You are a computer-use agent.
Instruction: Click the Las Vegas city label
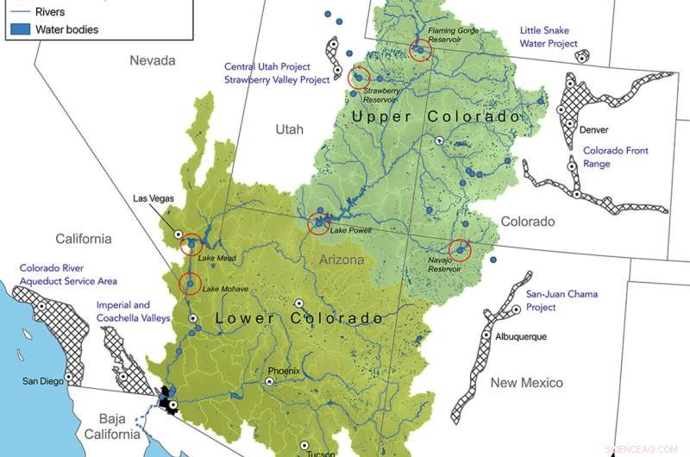click(x=154, y=197)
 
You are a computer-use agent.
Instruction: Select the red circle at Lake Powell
click(x=321, y=223)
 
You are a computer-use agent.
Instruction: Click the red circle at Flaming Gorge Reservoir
click(x=421, y=49)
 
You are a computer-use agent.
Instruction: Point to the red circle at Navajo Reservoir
click(x=460, y=250)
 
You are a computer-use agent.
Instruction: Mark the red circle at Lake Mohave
click(x=191, y=282)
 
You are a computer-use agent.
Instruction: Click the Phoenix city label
click(x=283, y=372)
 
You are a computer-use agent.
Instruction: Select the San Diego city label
click(x=42, y=380)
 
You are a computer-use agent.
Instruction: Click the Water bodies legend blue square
click(x=21, y=29)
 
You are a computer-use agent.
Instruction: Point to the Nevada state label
click(x=152, y=60)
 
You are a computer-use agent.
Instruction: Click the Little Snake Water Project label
click(x=548, y=36)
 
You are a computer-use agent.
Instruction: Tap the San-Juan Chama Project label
click(x=561, y=300)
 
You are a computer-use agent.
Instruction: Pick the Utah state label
click(x=289, y=129)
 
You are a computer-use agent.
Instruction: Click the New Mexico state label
click(x=526, y=382)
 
